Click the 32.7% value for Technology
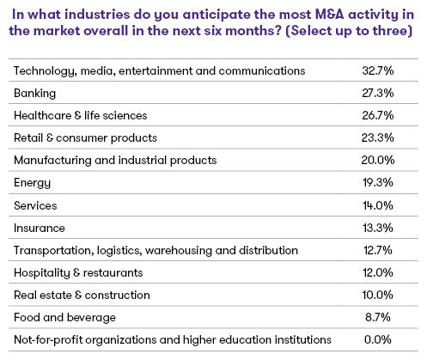[379, 69]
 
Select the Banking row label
[36, 91]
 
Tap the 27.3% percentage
[379, 91]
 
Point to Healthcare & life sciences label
[80, 114]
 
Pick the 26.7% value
[379, 114]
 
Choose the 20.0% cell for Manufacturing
[379, 159]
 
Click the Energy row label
[34, 182]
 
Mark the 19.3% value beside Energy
[379, 182]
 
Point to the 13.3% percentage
[379, 228]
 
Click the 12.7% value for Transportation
[379, 250]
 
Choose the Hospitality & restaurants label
[78, 272]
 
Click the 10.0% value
[379, 296]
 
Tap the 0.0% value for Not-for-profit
[381, 340]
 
